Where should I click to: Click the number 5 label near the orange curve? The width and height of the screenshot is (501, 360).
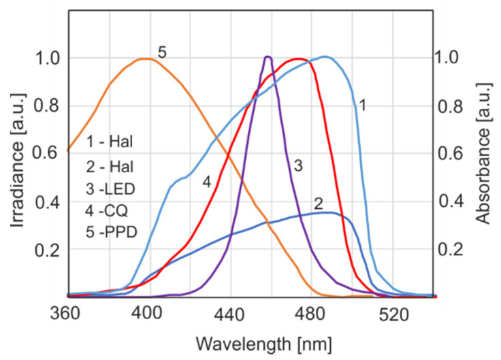point(162,51)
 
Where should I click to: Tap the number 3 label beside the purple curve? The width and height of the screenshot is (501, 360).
point(297,166)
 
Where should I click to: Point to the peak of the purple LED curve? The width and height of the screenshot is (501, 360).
point(268,56)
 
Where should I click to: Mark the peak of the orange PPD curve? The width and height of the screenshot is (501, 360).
point(145,59)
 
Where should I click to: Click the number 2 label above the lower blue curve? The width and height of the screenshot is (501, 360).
point(318,203)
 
